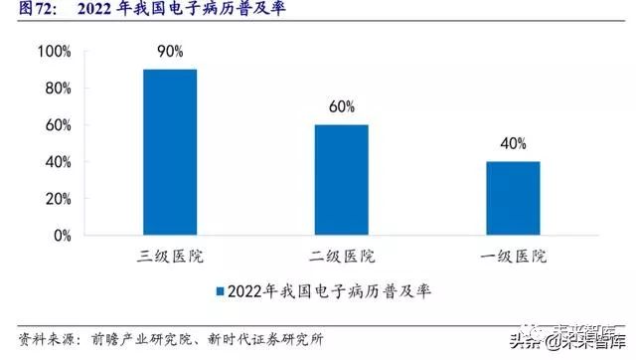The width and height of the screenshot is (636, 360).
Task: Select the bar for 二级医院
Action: [x=342, y=180]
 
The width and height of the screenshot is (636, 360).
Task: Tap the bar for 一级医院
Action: [x=512, y=198]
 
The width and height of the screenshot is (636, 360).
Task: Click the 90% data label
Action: [x=170, y=50]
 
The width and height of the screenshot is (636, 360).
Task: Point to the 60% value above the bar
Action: [x=342, y=105]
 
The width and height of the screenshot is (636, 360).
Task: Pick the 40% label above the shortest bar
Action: [x=512, y=142]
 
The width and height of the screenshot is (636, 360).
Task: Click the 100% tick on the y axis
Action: [x=54, y=51]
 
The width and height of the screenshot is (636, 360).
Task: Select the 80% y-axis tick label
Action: [x=57, y=88]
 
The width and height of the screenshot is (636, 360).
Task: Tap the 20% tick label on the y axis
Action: [x=57, y=199]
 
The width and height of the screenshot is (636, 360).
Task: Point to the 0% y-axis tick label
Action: [x=61, y=236]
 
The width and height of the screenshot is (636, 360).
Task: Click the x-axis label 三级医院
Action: [x=170, y=257]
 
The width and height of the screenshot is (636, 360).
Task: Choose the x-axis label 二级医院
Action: [x=342, y=257]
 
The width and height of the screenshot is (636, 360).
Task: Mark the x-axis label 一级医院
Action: [x=513, y=257]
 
